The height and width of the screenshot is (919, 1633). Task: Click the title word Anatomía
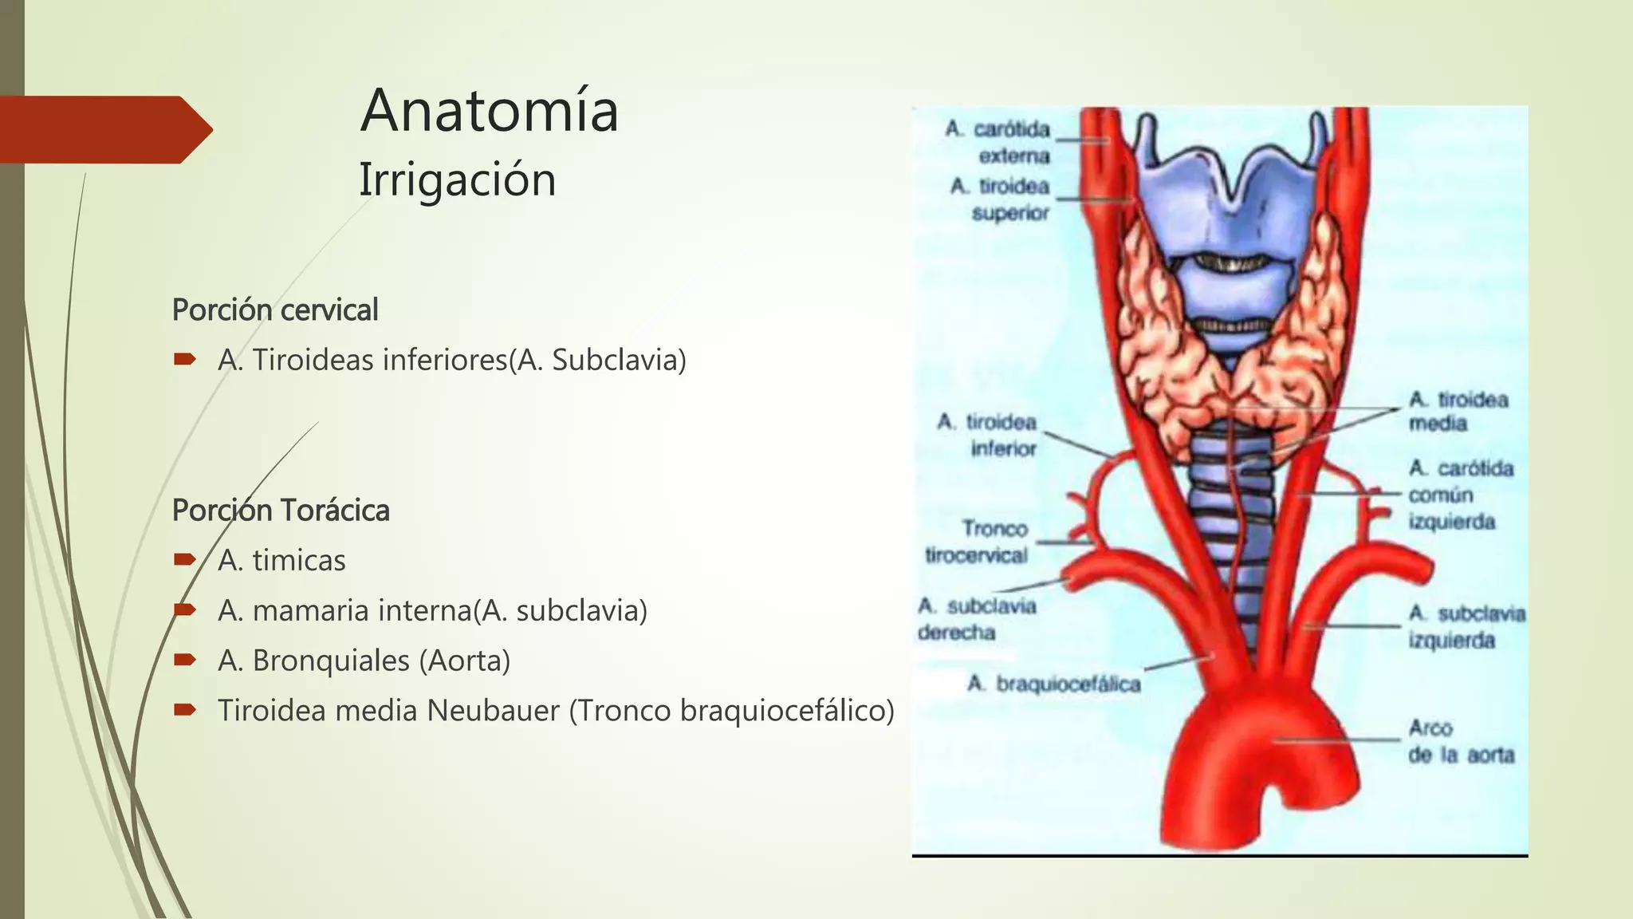[489, 111]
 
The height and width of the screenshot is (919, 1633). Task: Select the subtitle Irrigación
[457, 179]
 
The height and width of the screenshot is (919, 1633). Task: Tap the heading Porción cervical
[275, 310]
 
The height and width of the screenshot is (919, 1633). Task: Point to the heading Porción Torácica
[281, 511]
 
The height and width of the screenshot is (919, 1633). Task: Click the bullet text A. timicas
[281, 560]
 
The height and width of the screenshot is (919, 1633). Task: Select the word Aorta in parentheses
[468, 661]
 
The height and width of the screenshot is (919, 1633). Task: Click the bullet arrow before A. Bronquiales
[185, 660]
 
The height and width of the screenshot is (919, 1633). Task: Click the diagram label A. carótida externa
[999, 142]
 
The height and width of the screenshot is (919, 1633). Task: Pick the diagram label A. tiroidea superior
[1001, 199]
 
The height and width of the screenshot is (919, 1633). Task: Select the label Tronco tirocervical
[978, 542]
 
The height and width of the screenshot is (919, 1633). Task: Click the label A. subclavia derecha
[976, 619]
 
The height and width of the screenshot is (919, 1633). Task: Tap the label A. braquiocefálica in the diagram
[1054, 684]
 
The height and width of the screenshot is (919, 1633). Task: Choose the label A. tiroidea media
[1458, 411]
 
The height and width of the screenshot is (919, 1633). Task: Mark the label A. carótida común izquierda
[1460, 495]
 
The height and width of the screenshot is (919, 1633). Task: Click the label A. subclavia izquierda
[1466, 626]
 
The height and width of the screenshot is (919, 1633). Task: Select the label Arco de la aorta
[1460, 741]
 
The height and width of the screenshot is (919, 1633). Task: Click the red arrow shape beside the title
[104, 129]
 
